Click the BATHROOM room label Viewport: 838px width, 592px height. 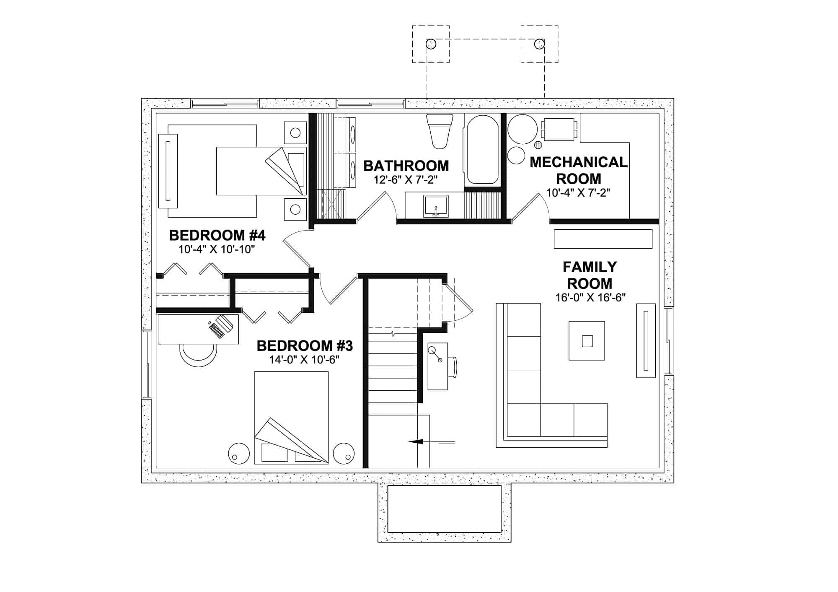click(x=406, y=166)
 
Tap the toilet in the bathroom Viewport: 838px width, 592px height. click(x=440, y=131)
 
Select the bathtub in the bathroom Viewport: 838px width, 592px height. click(x=482, y=150)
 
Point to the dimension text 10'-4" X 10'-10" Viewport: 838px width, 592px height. click(x=217, y=249)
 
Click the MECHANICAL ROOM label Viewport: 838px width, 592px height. click(x=579, y=170)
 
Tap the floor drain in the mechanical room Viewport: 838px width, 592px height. click(x=538, y=145)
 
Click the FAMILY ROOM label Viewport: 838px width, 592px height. click(x=590, y=275)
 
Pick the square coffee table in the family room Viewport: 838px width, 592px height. click(x=587, y=340)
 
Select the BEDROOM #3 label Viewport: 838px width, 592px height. click(x=305, y=346)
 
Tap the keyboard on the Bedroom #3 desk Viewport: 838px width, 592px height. click(x=218, y=330)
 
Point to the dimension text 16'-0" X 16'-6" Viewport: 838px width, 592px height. click(x=590, y=298)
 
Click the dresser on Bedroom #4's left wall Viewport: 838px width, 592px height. click(x=168, y=171)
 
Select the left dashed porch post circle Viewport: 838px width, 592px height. click(x=431, y=44)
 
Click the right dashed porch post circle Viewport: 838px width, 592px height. click(x=539, y=44)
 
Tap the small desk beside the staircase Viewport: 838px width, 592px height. click(x=437, y=366)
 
